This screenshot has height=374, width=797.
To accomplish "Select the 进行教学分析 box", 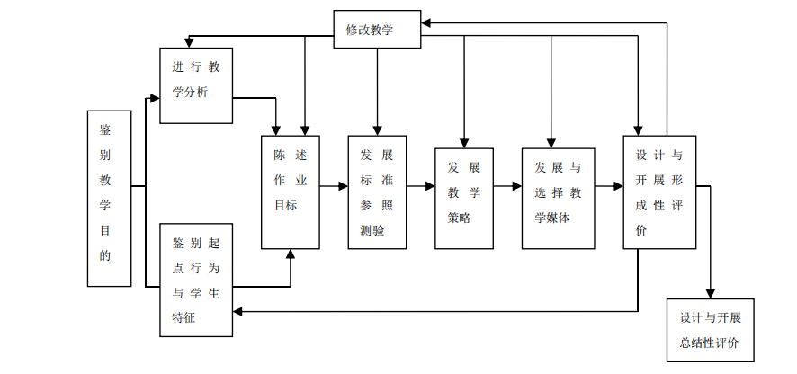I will [196, 85].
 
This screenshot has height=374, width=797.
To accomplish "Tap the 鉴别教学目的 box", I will [110, 198].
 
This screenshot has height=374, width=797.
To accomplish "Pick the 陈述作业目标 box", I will [291, 191].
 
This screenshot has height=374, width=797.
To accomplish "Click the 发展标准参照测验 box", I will [376, 191].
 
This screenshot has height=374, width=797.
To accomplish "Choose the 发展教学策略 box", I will [463, 198].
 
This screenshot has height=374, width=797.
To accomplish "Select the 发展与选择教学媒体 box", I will [559, 191].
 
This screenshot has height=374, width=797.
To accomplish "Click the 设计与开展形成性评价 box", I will [658, 191].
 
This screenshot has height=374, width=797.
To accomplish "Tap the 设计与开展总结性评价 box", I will [710, 329].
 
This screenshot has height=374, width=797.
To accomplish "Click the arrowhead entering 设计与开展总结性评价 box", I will [710, 293].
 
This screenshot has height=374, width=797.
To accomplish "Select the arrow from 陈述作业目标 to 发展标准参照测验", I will [334, 186].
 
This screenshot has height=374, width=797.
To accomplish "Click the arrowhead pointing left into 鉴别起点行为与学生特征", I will [238, 311].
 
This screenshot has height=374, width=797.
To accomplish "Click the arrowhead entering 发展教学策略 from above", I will [463, 141].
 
